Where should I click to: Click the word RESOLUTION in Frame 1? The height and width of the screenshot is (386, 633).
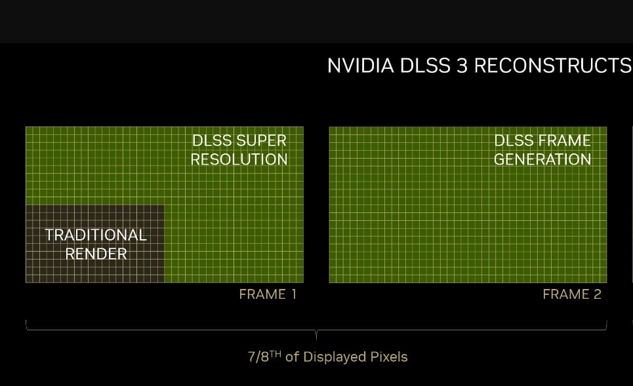pyautogui.click(x=239, y=159)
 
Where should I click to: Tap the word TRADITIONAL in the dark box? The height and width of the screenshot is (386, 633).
pyautogui.click(x=96, y=235)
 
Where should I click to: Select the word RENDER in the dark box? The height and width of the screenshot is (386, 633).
pyautogui.click(x=96, y=254)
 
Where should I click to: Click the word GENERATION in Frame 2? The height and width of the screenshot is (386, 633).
pyautogui.click(x=542, y=159)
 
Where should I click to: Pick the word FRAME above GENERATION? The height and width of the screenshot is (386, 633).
pyautogui.click(x=567, y=141)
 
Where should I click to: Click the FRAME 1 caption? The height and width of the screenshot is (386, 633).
pyautogui.click(x=268, y=294)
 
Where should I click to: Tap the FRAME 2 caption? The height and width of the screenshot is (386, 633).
pyautogui.click(x=571, y=294)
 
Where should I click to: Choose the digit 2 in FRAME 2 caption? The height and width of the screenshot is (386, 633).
pyautogui.click(x=597, y=294)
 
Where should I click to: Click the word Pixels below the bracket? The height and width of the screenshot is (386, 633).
pyautogui.click(x=389, y=357)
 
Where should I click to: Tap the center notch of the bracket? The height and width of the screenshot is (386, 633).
pyautogui.click(x=316, y=335)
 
